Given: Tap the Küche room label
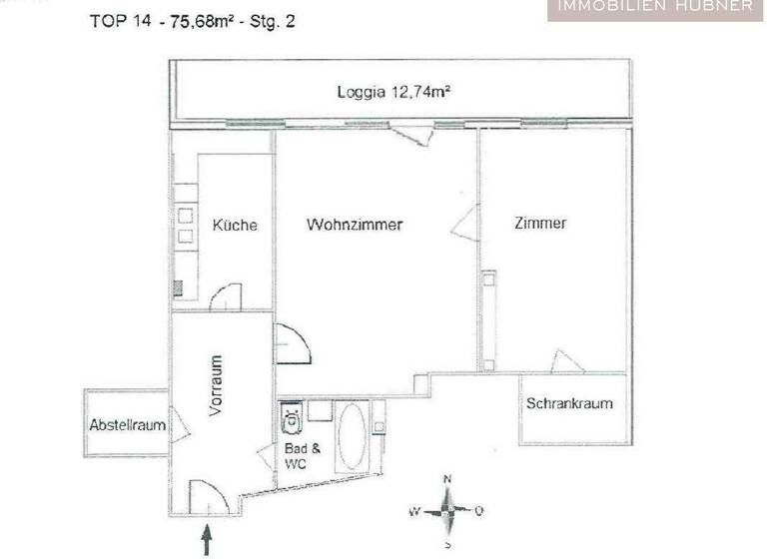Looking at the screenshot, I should (x=235, y=225).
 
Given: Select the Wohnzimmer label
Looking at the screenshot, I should (x=355, y=225).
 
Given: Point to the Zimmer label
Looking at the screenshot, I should (x=540, y=223).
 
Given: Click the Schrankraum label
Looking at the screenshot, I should (x=569, y=404).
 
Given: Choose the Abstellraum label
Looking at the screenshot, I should (x=127, y=425).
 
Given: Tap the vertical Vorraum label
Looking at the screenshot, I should (x=217, y=385).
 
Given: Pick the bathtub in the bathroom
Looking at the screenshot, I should (x=352, y=435).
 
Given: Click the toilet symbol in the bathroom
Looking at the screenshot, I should (x=292, y=420).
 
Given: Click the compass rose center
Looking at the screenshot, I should (x=448, y=511).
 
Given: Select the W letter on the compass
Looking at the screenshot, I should (x=413, y=511).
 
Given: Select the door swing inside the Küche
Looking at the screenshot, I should (x=228, y=296).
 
